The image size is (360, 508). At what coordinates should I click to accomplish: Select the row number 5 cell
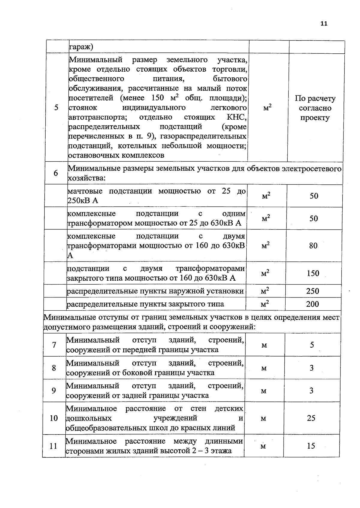pyautogui.click(x=56, y=108)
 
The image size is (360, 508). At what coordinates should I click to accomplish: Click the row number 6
pyautogui.click(x=56, y=173)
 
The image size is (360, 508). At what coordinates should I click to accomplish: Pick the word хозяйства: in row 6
pyautogui.click(x=86, y=178)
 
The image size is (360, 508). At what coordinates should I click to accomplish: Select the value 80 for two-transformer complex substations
pyautogui.click(x=313, y=246)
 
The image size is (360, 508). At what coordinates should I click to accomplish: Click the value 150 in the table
pyautogui.click(x=313, y=273)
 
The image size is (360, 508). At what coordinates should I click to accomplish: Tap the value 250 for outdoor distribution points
pyautogui.click(x=313, y=291)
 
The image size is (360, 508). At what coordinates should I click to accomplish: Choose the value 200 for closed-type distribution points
pyautogui.click(x=312, y=304)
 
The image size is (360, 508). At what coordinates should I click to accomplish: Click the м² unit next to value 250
pyautogui.click(x=265, y=291)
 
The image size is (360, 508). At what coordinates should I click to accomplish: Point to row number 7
pyautogui.click(x=54, y=345)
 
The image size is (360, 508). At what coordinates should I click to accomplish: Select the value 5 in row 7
pyautogui.click(x=312, y=345)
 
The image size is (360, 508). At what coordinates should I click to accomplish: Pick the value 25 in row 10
pyautogui.click(x=311, y=418)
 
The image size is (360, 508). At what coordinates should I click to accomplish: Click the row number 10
pyautogui.click(x=54, y=418)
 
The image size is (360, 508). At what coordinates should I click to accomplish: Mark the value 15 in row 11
pyautogui.click(x=311, y=446)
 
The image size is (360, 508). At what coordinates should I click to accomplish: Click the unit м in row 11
pyautogui.click(x=263, y=446)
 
